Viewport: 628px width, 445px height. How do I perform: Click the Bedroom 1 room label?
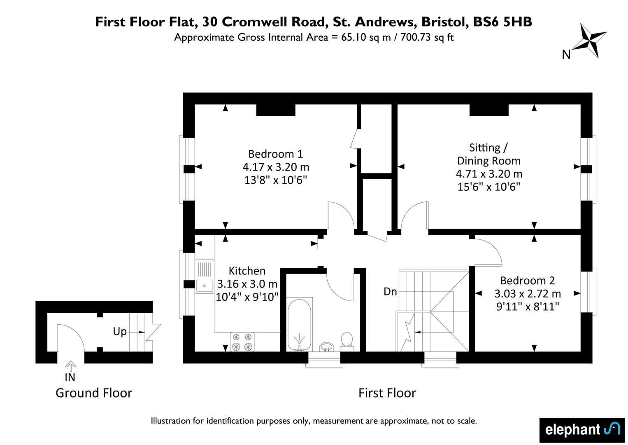click(275, 154)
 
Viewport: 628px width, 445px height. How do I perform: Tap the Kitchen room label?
click(247, 271)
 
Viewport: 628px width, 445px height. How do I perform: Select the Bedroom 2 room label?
click(527, 281)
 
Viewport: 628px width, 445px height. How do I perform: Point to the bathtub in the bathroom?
click(299, 325)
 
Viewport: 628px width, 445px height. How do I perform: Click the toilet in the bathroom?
click(347, 342)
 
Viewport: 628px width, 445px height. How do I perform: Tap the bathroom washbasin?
click(327, 347)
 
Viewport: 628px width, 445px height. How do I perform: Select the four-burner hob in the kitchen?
click(242, 342)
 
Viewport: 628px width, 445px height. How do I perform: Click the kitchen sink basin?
click(205, 286)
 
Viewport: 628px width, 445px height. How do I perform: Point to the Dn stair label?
click(390, 292)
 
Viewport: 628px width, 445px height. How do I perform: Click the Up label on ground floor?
click(120, 332)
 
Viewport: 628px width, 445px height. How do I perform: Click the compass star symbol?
click(589, 41)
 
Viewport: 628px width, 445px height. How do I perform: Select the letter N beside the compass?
click(566, 55)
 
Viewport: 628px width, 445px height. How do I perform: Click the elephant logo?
click(582, 430)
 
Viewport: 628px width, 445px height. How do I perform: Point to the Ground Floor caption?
click(94, 393)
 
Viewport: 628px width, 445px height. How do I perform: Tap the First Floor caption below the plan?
click(387, 393)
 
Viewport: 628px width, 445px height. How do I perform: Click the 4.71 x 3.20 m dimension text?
click(489, 174)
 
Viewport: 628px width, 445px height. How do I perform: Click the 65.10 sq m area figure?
click(366, 37)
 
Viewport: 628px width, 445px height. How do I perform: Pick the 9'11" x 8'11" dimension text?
click(528, 306)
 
